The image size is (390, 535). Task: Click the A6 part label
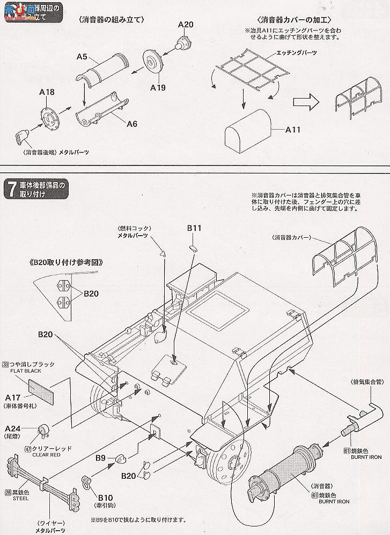(x=132, y=124)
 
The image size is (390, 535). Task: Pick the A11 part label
(x=292, y=129)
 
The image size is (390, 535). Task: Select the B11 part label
(x=194, y=228)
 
